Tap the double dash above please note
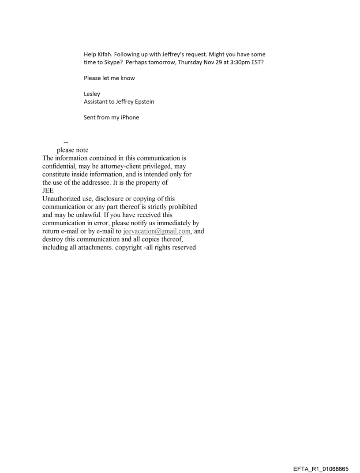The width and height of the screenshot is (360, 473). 66,142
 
